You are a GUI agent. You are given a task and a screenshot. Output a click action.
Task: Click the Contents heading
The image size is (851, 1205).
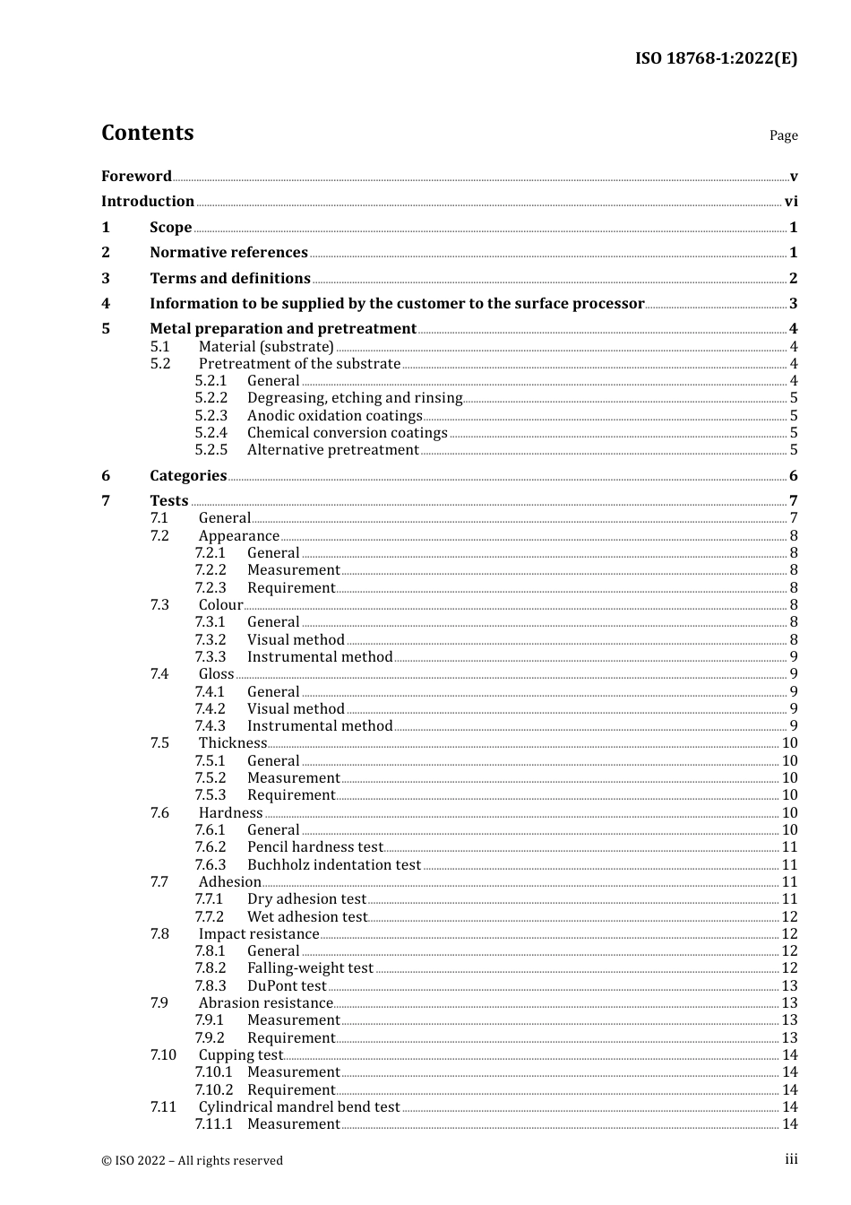click(x=147, y=133)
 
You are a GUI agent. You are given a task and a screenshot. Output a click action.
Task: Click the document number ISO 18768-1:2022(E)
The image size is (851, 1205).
click(x=716, y=58)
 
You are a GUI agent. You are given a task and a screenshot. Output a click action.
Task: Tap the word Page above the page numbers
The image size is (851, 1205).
click(x=783, y=135)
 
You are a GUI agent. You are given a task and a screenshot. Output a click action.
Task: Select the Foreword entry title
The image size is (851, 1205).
click(x=136, y=177)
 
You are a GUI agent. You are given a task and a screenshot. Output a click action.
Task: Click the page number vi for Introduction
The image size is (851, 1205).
click(x=790, y=202)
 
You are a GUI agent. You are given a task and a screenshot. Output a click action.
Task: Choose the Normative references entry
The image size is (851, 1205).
click(x=228, y=253)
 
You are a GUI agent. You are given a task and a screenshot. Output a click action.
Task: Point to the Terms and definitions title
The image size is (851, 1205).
click(x=230, y=279)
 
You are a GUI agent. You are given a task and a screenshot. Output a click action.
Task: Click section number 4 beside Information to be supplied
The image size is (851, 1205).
click(x=106, y=304)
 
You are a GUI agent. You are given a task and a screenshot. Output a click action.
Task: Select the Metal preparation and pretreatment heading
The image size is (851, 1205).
click(x=283, y=329)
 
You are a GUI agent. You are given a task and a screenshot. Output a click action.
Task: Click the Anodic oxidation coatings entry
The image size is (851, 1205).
click(x=334, y=416)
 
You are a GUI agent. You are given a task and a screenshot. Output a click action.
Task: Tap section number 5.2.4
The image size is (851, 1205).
click(x=211, y=433)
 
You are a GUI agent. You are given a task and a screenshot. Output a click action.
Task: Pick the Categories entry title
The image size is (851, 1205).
click(x=188, y=476)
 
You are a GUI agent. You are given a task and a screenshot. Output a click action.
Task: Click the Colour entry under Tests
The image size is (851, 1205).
click(x=220, y=605)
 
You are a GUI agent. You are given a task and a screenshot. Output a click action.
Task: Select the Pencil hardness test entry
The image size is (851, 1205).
click(x=314, y=847)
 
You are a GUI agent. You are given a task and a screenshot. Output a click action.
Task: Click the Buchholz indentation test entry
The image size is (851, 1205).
click(x=333, y=865)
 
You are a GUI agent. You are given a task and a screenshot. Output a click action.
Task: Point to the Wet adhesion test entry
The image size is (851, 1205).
click(x=307, y=917)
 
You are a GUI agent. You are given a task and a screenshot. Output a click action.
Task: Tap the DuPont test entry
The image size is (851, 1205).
click(x=287, y=986)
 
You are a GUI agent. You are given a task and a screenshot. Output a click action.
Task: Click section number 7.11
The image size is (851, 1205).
click(x=163, y=1107)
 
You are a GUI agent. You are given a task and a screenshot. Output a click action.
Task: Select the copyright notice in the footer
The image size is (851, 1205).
click(x=192, y=1160)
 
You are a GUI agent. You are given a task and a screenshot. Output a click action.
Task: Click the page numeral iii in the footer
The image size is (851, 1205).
click(x=791, y=1159)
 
